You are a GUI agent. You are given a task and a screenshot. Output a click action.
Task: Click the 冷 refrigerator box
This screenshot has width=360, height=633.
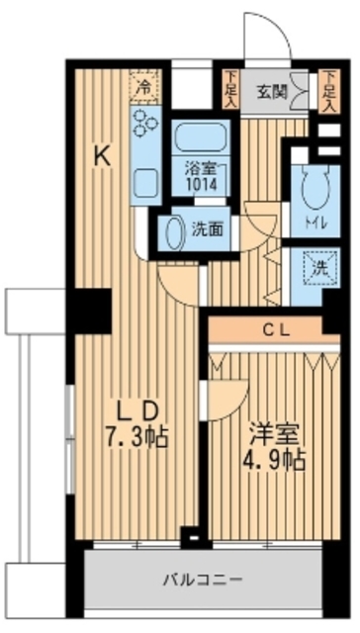(144, 86)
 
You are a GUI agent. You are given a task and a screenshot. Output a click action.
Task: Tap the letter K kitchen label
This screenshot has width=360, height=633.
(102, 154)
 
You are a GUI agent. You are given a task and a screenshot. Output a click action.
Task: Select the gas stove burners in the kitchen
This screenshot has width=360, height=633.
(144, 124)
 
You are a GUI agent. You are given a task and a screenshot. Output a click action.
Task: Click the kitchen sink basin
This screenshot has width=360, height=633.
(143, 184)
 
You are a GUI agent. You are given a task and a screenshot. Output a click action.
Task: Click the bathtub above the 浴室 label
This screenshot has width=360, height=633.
(201, 136)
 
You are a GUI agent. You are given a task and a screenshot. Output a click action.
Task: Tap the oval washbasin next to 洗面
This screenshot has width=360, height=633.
(172, 232)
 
